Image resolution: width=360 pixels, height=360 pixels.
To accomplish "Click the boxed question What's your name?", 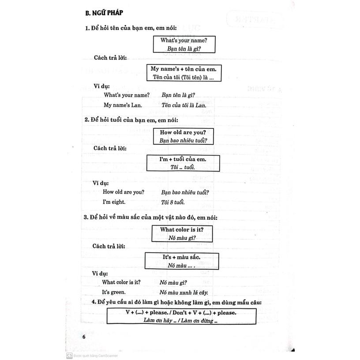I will (184, 40).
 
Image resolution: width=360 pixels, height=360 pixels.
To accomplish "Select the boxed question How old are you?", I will (183, 132).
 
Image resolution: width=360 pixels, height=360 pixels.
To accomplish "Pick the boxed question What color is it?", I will (182, 229).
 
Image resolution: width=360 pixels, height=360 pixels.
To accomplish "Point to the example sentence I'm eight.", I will (114, 202).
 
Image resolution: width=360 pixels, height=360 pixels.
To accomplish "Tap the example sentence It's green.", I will (114, 292).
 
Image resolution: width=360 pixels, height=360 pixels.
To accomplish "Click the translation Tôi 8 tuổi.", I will (173, 202).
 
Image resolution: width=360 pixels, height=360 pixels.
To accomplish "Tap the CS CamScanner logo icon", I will (69, 354).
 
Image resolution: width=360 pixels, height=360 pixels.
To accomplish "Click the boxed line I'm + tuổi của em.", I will (183, 159).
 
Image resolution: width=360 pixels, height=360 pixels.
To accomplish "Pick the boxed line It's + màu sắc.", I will (182, 257).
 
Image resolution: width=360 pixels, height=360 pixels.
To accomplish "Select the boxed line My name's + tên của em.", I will (184, 69).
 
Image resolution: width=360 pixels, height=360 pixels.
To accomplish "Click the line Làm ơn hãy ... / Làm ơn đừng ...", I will (181, 321).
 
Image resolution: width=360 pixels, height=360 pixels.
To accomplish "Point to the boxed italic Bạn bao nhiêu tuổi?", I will (183, 141).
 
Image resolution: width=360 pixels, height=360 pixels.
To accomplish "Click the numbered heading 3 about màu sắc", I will (150, 217).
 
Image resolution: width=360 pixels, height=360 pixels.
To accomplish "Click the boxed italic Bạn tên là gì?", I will (184, 49).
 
